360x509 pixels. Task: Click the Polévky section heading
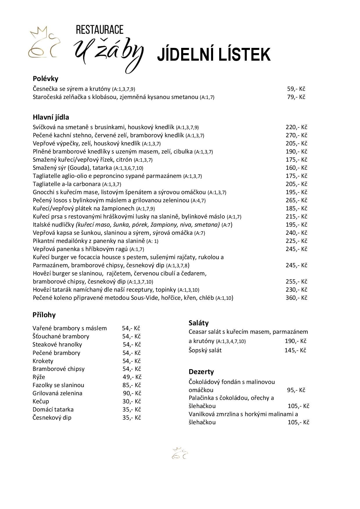coord(46,79)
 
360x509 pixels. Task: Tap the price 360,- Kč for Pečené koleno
coord(296,298)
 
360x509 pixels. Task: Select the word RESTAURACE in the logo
coord(99,30)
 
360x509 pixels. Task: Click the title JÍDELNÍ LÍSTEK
coord(214,55)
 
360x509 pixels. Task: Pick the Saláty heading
coord(199,323)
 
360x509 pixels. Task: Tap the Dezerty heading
coord(201,372)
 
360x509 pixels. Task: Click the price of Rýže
coord(132,377)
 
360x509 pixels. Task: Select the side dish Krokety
coord(43,361)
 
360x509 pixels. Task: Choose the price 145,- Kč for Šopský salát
coord(295,350)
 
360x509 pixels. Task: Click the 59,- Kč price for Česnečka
coord(296,89)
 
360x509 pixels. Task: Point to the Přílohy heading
coord(44,315)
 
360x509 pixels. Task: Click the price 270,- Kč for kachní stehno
coord(296,135)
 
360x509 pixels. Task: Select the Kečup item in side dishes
coord(41,401)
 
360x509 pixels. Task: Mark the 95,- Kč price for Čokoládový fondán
coord(296,390)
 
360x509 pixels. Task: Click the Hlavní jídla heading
coord(51,117)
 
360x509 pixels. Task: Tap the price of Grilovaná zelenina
coord(132,393)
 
